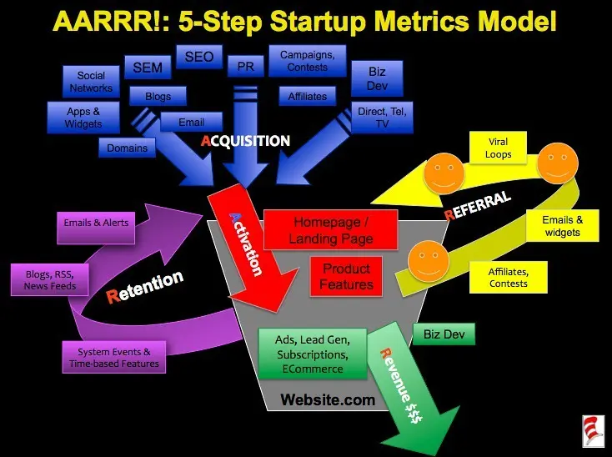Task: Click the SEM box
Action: (148, 66)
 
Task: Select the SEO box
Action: (198, 58)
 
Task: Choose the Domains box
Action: (127, 148)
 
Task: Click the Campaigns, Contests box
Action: (308, 61)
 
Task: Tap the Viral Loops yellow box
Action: (499, 148)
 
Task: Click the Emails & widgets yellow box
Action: (562, 226)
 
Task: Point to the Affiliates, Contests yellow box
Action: (509, 277)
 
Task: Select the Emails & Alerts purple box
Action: (95, 223)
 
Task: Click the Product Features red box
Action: (346, 276)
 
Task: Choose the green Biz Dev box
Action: (444, 334)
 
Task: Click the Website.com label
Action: (328, 399)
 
